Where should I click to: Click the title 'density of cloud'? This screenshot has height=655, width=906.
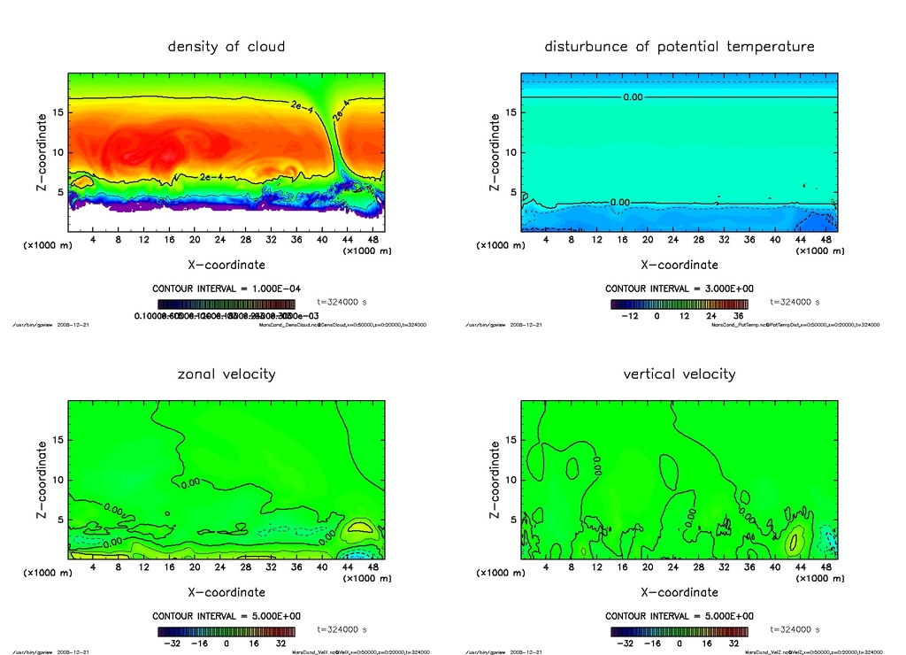(226, 46)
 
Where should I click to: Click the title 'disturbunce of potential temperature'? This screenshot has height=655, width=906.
(679, 46)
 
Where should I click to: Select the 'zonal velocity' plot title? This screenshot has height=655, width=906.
(226, 374)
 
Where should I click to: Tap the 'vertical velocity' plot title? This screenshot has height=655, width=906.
(679, 374)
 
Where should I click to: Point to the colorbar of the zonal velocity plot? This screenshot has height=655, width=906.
(226, 632)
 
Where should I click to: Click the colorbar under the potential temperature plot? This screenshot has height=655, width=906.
(679, 304)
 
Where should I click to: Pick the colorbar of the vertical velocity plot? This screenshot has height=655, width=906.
(679, 632)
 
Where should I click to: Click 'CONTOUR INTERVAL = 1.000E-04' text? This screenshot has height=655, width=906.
(226, 289)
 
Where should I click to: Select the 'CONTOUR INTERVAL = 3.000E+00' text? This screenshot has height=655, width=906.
(679, 289)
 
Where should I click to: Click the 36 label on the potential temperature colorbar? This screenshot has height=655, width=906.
(737, 315)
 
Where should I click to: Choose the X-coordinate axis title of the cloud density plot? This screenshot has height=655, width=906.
(226, 264)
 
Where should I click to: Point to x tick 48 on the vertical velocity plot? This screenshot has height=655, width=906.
(825, 567)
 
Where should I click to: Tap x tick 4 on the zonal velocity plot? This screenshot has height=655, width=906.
(93, 567)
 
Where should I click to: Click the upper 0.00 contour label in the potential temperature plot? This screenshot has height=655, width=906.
(633, 97)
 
